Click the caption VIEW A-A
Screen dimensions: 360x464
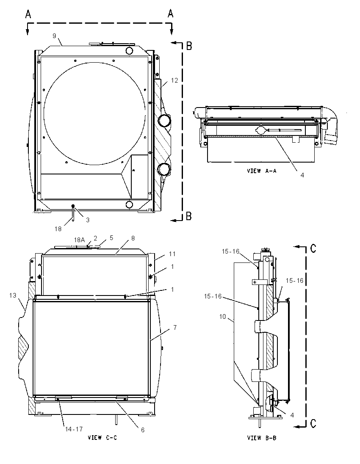(x=262, y=171)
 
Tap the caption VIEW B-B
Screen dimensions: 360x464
(x=262, y=437)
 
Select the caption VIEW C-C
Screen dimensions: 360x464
(x=102, y=437)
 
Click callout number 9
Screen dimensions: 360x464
(x=54, y=36)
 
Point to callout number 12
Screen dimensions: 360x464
(x=174, y=80)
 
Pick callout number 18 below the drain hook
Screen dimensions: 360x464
(x=58, y=229)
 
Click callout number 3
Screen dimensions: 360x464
(x=88, y=220)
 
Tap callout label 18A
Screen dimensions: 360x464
(x=79, y=240)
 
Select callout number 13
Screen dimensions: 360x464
(x=12, y=296)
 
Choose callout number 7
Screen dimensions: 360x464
(x=175, y=327)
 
